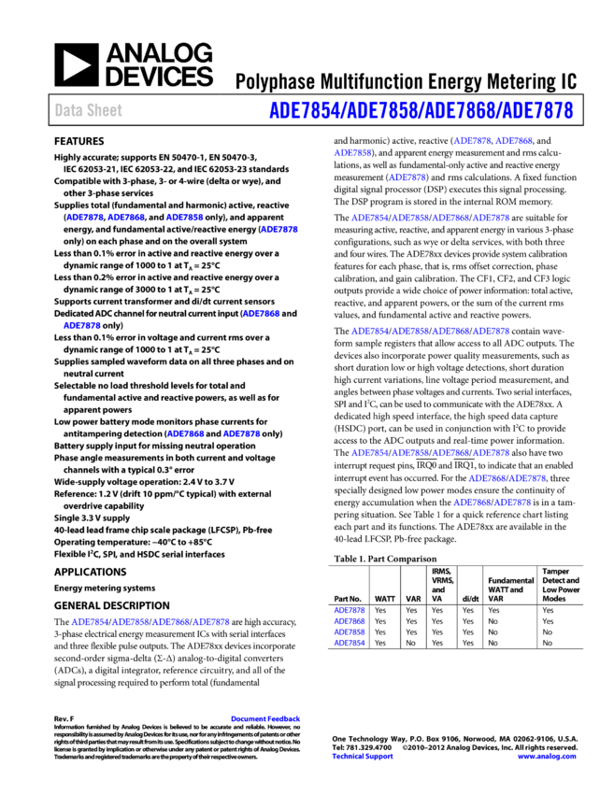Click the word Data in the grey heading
[67, 110]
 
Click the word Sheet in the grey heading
[105, 110]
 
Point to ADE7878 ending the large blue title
[536, 111]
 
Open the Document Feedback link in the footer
[265, 719]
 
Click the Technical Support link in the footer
[363, 757]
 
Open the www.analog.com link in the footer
[547, 757]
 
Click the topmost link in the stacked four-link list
[350, 610]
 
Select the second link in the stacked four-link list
[350, 621]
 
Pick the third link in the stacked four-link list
[350, 632]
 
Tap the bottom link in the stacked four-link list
[350, 643]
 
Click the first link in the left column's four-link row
[90, 621]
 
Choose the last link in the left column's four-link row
[212, 621]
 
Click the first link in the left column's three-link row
[85, 218]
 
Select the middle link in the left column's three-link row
[126, 218]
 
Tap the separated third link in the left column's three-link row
[185, 218]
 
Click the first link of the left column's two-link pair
[186, 433]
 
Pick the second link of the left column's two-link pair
[242, 433]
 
